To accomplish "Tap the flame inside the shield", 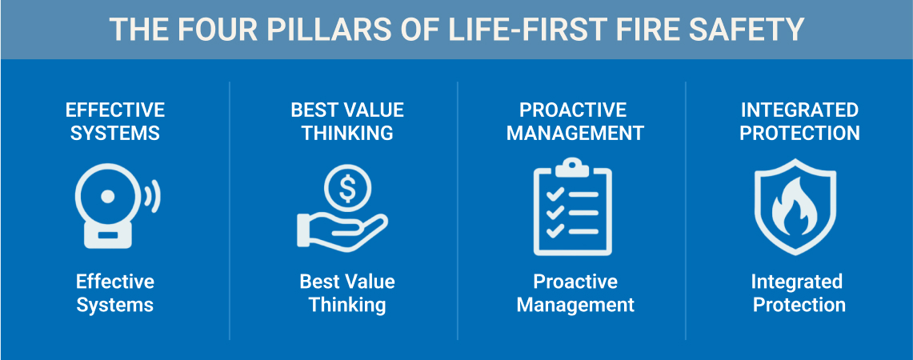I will tap(795, 208).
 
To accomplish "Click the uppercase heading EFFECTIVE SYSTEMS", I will tap(115, 121).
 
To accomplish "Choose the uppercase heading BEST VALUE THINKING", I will tap(346, 121).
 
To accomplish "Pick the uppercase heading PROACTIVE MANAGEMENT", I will tap(575, 121).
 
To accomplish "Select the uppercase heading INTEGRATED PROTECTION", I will tap(799, 121).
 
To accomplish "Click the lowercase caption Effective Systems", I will tap(115, 293).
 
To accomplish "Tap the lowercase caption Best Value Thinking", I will tap(346, 293).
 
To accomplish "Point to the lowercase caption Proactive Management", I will tap(575, 293).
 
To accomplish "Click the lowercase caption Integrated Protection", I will tap(799, 293).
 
